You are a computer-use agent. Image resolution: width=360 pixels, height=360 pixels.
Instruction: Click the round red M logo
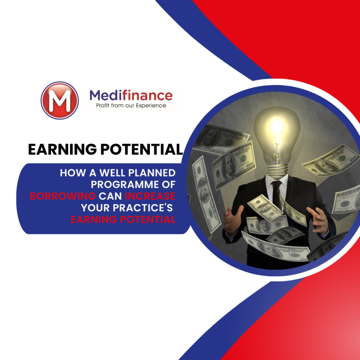pos(60,100)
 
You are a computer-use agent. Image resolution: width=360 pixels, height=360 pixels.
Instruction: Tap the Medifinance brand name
pos(131,95)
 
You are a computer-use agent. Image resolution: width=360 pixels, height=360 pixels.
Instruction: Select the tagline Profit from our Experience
pos(131,106)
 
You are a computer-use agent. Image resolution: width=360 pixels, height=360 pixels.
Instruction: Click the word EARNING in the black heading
pos(63,150)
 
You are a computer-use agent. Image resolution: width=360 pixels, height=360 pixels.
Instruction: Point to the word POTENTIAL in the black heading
pos(142,150)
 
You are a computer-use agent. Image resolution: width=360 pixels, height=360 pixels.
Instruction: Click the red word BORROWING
pos(63,196)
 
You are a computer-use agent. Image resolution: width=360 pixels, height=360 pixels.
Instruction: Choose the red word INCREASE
pos(150,196)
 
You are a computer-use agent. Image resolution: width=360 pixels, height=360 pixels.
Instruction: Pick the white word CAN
pos(110,196)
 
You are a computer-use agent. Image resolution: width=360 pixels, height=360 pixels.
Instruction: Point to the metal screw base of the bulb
pos(277,170)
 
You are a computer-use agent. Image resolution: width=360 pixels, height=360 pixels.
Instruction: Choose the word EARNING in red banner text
pos(94,219)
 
